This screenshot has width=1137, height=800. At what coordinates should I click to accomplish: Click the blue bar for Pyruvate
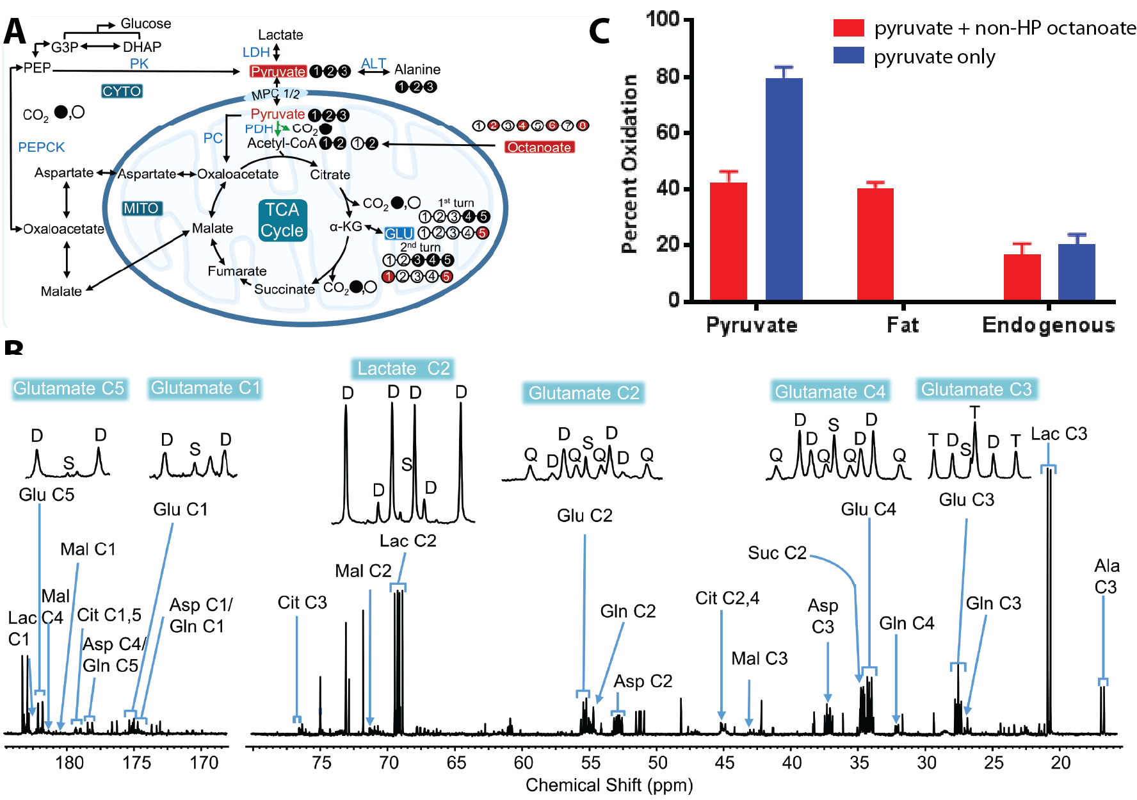pos(784,189)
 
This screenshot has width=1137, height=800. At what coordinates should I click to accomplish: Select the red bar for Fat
pos(875,244)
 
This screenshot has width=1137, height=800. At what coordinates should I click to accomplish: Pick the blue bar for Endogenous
pos(1076,272)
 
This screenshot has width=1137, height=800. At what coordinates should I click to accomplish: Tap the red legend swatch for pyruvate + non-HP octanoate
pos(848,28)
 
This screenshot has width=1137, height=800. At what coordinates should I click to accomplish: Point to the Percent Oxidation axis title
pos(630,164)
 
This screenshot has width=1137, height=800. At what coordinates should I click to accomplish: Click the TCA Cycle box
pos(282,220)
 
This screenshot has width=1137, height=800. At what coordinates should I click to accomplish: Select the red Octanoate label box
pos(539,147)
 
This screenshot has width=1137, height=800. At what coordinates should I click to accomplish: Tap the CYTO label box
pos(122,91)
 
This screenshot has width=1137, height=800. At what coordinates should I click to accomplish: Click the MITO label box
pos(141,208)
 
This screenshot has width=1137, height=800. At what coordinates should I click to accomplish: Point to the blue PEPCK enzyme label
pos(42,147)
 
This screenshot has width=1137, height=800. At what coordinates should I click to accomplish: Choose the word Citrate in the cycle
pos(330,175)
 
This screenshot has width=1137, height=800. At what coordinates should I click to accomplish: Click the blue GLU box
pos(398,234)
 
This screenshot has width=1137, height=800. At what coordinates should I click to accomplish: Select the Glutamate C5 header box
pos(69,389)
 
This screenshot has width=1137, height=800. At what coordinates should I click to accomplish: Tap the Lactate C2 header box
pos(403,369)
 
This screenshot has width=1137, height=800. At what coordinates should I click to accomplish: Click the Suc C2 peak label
pos(777,553)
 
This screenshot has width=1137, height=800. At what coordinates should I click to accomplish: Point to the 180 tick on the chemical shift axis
pos(69,762)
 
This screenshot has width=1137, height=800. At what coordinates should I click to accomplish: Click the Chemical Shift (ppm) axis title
pos(609,785)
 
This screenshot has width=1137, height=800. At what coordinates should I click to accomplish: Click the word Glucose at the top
pos(146,24)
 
